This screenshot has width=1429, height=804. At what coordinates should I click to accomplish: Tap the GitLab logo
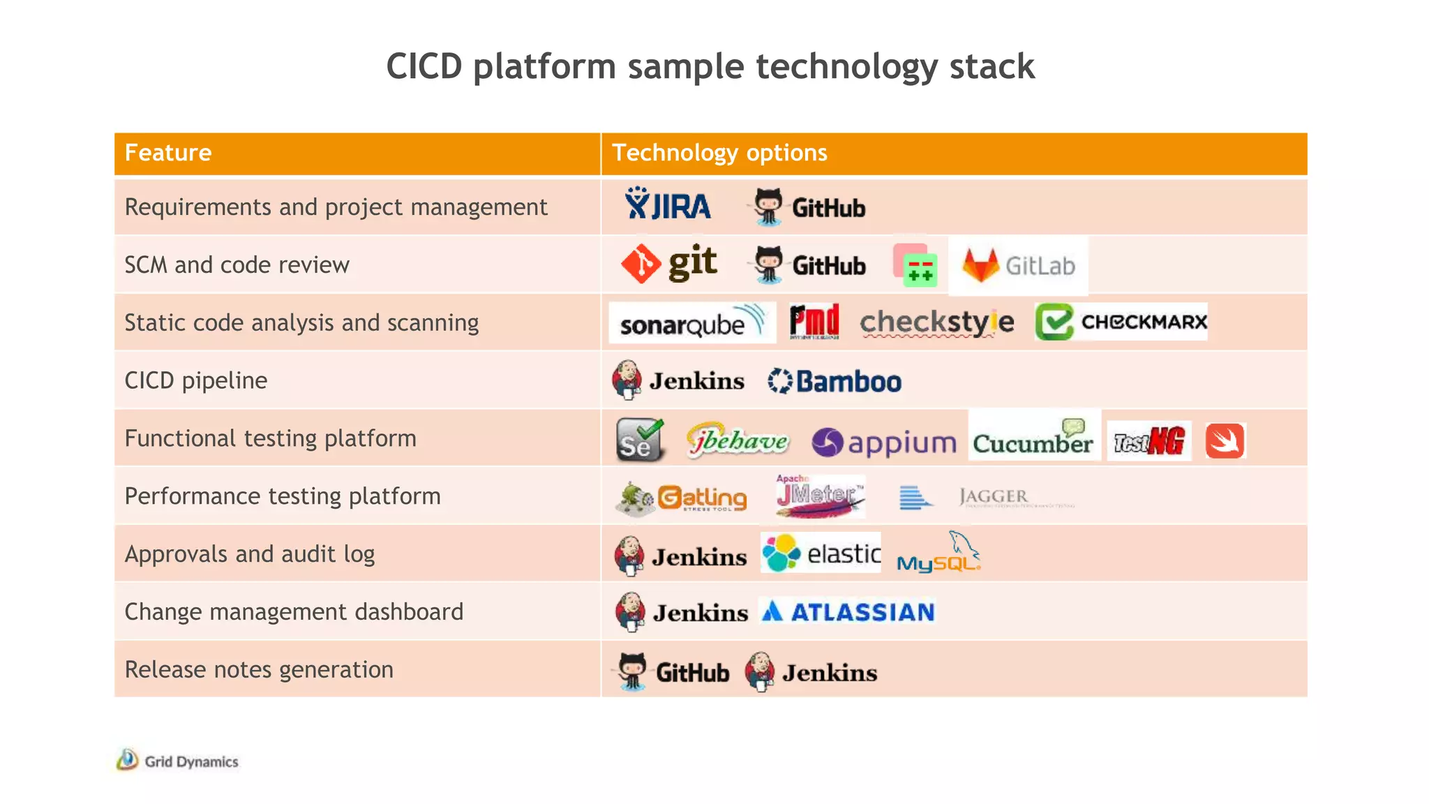point(1019,266)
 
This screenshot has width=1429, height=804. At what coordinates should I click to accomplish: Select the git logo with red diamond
point(669,264)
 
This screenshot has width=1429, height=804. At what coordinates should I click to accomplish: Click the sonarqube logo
point(691,323)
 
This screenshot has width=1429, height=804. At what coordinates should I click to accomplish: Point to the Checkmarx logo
point(1121,322)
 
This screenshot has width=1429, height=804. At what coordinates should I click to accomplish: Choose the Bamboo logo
point(835,382)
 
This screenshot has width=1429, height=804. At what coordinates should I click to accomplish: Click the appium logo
point(884,442)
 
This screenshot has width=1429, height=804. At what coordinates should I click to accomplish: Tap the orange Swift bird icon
point(1225,441)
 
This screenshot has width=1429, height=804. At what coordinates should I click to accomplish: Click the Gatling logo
point(682,498)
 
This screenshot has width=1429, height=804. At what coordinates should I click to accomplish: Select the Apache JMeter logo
point(820,496)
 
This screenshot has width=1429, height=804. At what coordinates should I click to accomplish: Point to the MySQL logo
point(938,554)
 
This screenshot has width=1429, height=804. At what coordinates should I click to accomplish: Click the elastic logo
point(821,553)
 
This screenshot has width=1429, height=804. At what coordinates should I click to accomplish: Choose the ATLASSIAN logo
point(848,612)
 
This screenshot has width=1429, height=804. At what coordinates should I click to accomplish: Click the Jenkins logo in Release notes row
point(811,672)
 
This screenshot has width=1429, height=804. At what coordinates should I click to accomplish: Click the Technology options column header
point(719,153)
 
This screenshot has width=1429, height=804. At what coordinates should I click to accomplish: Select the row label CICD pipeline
point(196,380)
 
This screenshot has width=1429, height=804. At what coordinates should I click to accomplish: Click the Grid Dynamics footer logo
point(178,761)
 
